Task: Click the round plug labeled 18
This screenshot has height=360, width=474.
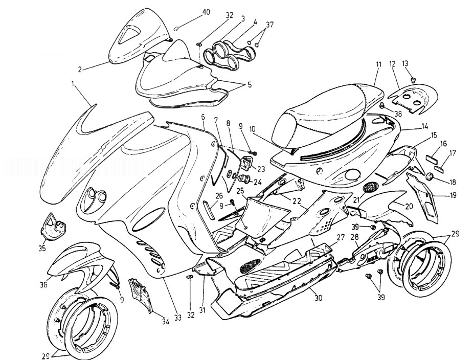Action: click(430, 177)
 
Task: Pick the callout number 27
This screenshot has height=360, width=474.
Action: click(340, 237)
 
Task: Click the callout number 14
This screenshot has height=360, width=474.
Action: click(425, 125)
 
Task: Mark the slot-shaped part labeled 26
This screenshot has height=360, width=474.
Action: click(207, 209)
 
